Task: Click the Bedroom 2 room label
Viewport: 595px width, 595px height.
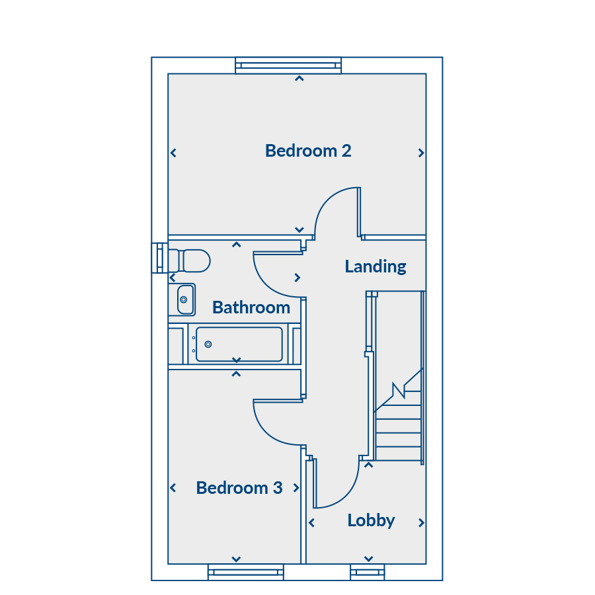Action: click(x=308, y=151)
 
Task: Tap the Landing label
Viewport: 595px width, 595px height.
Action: click(x=376, y=266)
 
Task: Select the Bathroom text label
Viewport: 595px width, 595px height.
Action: click(x=251, y=307)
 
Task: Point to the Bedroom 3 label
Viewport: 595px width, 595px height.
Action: click(x=239, y=488)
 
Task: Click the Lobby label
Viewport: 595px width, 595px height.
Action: click(x=371, y=520)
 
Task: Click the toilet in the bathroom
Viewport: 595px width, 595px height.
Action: click(x=189, y=260)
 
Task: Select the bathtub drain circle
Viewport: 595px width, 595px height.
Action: click(x=208, y=344)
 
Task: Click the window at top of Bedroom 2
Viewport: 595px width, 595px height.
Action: click(x=288, y=65)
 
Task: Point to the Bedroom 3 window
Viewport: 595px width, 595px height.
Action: click(x=246, y=572)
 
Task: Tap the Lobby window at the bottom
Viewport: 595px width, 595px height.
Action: click(x=368, y=572)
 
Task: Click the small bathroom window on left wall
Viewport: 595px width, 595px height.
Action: click(x=160, y=258)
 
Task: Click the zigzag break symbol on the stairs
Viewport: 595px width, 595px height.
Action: click(x=399, y=391)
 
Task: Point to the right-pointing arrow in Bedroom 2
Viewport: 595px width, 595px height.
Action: click(x=421, y=153)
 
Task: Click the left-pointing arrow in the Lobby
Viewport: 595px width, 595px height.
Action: click(x=311, y=523)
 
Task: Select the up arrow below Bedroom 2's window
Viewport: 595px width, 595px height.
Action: click(x=299, y=79)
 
